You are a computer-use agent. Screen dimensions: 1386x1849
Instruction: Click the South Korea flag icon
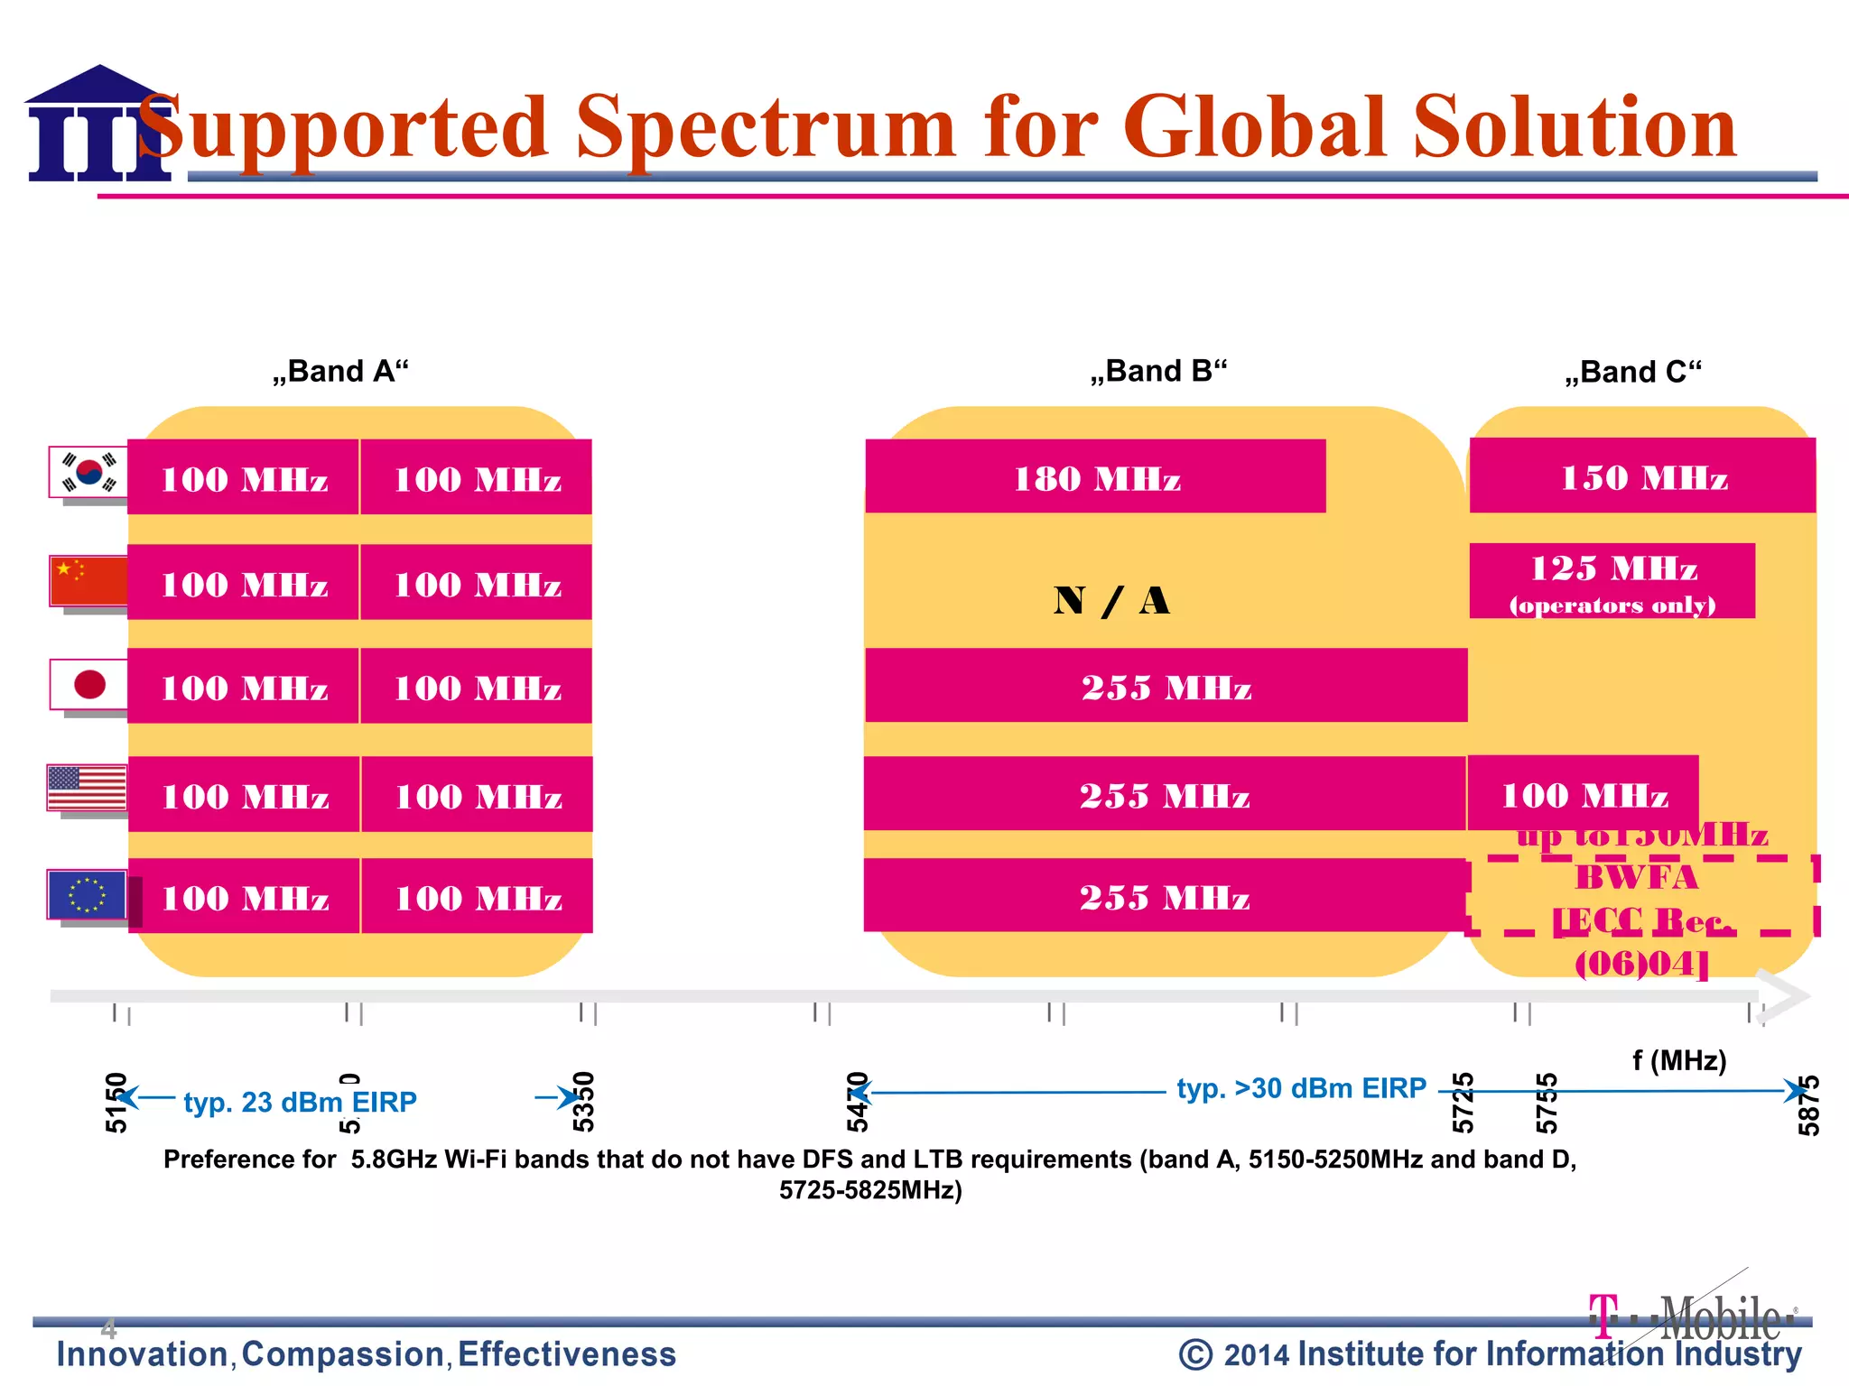click(88, 472)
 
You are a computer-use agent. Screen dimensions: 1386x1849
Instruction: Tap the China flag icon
click(88, 581)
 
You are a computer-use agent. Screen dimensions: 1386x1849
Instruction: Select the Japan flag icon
click(88, 685)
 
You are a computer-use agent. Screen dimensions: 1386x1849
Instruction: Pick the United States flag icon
click(88, 789)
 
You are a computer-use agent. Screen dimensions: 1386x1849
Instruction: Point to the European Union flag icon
click(88, 895)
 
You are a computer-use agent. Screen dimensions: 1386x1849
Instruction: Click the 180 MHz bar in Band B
click(1095, 477)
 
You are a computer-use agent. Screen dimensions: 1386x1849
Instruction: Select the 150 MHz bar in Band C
click(1642, 476)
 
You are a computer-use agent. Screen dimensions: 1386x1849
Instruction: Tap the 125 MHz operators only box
click(1612, 581)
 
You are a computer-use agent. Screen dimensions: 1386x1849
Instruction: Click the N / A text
click(1111, 601)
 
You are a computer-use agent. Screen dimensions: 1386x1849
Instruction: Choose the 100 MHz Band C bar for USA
click(1584, 794)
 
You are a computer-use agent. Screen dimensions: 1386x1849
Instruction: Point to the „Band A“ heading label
click(340, 371)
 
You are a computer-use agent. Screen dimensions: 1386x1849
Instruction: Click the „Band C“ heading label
click(1633, 372)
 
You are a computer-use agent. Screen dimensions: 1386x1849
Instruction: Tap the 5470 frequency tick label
click(857, 1102)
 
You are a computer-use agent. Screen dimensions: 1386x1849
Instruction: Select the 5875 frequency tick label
click(1808, 1105)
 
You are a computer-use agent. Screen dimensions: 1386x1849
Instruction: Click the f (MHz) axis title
click(1679, 1060)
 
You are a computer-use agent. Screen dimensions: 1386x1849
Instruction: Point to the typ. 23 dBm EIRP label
click(300, 1102)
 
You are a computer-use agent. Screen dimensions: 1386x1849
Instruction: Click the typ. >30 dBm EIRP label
click(1301, 1088)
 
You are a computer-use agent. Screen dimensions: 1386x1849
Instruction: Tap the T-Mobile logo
click(1692, 1317)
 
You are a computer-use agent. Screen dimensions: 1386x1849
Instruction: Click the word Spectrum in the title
click(765, 128)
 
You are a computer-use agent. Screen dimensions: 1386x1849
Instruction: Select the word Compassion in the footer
click(343, 1354)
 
